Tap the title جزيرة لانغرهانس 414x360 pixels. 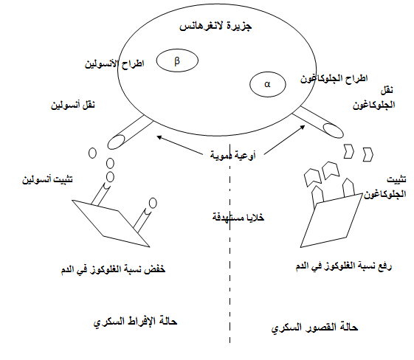pyautogui.click(x=215, y=27)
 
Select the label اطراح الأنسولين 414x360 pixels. pyautogui.click(x=114, y=64)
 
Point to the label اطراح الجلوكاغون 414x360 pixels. pyautogui.click(x=334, y=79)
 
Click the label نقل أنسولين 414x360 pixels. pyautogui.click(x=73, y=105)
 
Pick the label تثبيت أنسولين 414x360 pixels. pyautogui.click(x=47, y=180)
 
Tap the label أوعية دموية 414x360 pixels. pyautogui.click(x=233, y=155)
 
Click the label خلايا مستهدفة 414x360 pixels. pyautogui.click(x=238, y=217)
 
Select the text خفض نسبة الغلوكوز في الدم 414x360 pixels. pyautogui.click(x=113, y=269)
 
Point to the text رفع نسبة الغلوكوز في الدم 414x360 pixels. pyautogui.click(x=344, y=266)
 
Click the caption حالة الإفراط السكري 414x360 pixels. pyautogui.click(x=136, y=322)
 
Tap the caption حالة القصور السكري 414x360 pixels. pyautogui.click(x=314, y=328)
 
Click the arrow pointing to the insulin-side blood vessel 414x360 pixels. pyautogui.click(x=179, y=145)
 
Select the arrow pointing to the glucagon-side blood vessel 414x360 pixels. pyautogui.click(x=285, y=140)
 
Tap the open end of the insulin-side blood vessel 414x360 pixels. pyautogui.click(x=116, y=142)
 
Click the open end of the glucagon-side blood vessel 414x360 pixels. pyautogui.click(x=334, y=131)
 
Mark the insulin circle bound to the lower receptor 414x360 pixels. pyautogui.click(x=153, y=203)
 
